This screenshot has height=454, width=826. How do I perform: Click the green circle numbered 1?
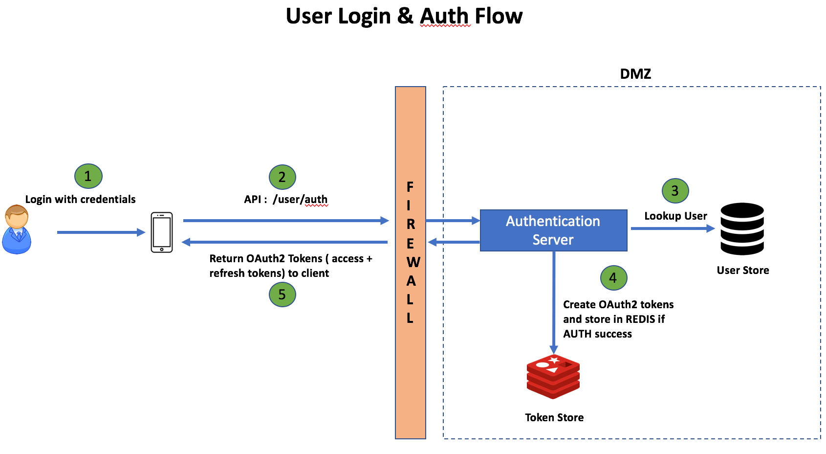pyautogui.click(x=88, y=176)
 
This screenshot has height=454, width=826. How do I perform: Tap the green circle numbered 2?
pyautogui.click(x=283, y=177)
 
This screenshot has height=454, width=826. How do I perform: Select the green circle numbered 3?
pyautogui.click(x=675, y=191)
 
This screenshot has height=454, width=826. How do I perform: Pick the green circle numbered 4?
pyautogui.click(x=613, y=278)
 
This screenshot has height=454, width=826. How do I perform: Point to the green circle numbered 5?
pyautogui.click(x=283, y=295)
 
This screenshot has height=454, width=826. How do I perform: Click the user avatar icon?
pyautogui.click(x=17, y=230)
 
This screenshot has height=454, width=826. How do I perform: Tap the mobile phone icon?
pyautogui.click(x=162, y=232)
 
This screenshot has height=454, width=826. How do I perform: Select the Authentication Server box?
pyautogui.click(x=553, y=230)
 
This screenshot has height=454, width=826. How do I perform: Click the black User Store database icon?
pyautogui.click(x=742, y=229)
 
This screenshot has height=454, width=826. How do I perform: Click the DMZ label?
pyautogui.click(x=635, y=74)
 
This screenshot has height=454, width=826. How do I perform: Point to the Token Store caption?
pyautogui.click(x=554, y=417)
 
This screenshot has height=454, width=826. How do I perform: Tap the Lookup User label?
pyautogui.click(x=675, y=216)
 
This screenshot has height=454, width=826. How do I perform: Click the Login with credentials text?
pyautogui.click(x=80, y=199)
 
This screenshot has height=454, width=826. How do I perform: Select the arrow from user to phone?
pyautogui.click(x=101, y=232)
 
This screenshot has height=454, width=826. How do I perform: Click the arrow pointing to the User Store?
pyautogui.click(x=673, y=228)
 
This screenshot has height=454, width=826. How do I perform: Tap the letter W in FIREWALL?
pyautogui.click(x=413, y=262)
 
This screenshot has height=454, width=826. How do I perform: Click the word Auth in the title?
pyautogui.click(x=445, y=16)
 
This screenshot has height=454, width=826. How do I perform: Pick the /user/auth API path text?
pyautogui.click(x=300, y=199)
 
